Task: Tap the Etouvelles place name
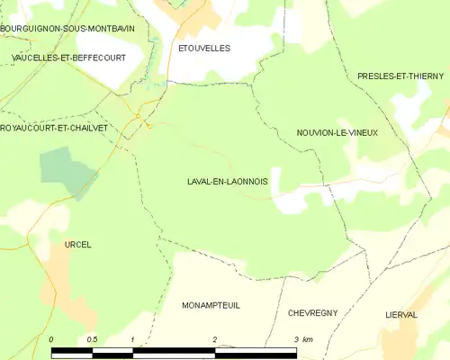(x=204, y=48)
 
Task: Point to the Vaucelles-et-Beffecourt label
(x=67, y=57)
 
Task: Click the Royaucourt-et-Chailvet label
(x=54, y=128)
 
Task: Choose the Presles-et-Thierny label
(x=402, y=76)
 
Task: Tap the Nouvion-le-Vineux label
(x=337, y=132)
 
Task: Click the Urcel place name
(x=78, y=244)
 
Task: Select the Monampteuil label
(x=211, y=306)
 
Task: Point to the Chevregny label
(x=312, y=312)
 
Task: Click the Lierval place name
(x=400, y=315)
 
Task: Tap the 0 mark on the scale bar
(x=51, y=339)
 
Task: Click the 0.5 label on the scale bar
(x=92, y=339)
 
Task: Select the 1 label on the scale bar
(x=133, y=339)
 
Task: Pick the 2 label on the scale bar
(x=215, y=339)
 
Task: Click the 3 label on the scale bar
(x=296, y=339)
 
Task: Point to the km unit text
(x=308, y=339)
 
